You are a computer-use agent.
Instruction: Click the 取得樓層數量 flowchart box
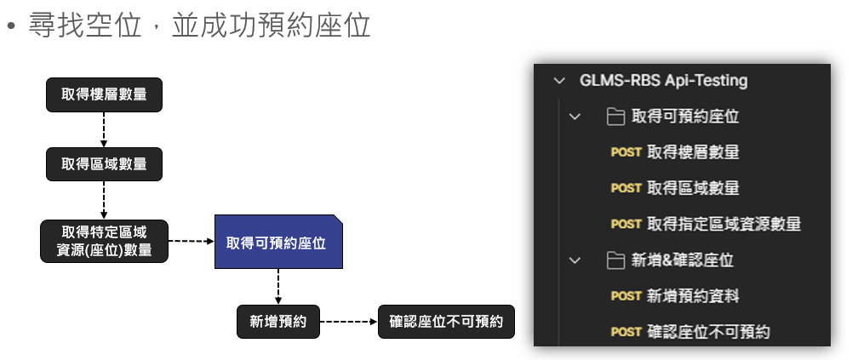click(104, 95)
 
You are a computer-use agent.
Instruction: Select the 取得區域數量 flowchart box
click(104, 163)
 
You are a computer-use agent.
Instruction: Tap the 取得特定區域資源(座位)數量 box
click(104, 241)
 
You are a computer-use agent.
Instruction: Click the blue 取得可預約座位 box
click(278, 243)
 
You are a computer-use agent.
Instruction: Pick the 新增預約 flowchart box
click(278, 322)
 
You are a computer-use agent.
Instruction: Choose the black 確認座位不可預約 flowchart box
click(446, 322)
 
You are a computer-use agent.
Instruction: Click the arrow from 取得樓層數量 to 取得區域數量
click(104, 129)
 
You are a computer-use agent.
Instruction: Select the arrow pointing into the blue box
click(191, 242)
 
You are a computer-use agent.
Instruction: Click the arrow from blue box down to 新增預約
click(278, 288)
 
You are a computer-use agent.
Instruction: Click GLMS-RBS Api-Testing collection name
click(663, 81)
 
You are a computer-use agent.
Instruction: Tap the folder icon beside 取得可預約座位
click(616, 117)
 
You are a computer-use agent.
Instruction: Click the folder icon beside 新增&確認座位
click(616, 260)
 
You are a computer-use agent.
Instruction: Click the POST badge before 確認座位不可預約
click(626, 332)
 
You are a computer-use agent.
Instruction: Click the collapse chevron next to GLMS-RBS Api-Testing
click(558, 81)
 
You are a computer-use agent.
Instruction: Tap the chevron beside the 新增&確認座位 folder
click(575, 260)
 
